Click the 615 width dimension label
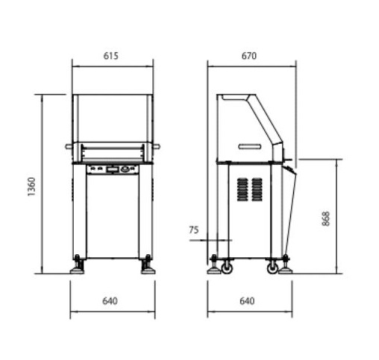tap(110, 56)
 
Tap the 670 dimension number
tap(249, 56)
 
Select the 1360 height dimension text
tap(31, 186)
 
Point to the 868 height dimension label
tap(325, 218)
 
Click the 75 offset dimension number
tap(194, 230)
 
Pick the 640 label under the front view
tap(110, 301)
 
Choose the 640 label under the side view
tap(247, 301)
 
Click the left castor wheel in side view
tap(227, 268)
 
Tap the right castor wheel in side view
tap(272, 268)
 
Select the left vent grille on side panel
tap(242, 189)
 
